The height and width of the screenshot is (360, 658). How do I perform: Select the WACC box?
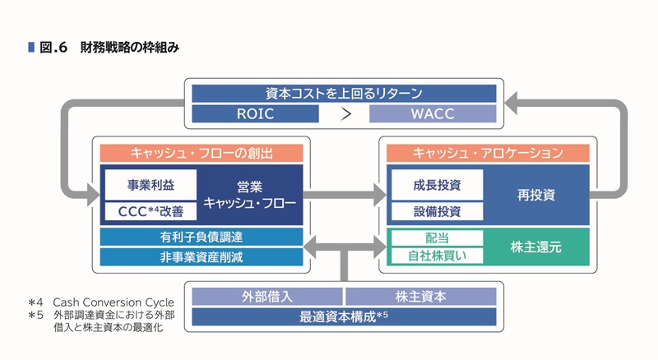tap(433, 113)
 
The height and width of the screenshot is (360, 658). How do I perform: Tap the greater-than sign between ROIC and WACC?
tap(345, 113)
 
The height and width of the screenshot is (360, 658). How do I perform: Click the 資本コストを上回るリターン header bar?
tap(344, 93)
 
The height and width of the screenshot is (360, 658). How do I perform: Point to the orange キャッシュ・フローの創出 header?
tap(202, 154)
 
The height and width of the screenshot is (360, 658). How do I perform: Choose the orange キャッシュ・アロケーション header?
tap(488, 154)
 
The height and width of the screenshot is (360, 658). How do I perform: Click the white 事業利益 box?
tap(150, 183)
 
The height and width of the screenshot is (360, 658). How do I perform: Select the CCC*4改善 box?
tap(150, 212)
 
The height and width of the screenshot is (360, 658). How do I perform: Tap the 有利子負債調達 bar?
tap(202, 237)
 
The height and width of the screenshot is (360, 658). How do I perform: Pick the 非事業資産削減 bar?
tap(202, 256)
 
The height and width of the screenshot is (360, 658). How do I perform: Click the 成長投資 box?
tap(436, 183)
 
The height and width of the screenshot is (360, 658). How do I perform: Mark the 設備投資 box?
tap(436, 211)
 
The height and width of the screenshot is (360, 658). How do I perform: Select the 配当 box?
tap(436, 238)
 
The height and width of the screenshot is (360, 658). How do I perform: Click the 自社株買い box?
tap(436, 256)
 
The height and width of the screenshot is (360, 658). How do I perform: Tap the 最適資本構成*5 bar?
tap(344, 316)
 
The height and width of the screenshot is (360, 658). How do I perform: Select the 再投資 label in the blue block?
tap(536, 196)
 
